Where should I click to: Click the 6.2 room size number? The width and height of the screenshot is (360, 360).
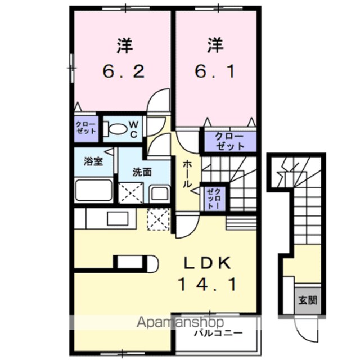(x=124, y=71)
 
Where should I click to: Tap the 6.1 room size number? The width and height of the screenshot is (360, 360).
(x=215, y=71)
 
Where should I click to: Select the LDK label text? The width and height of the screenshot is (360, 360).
(x=208, y=263)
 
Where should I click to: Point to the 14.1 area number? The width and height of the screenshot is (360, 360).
(x=208, y=285)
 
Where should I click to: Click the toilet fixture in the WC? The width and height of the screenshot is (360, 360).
(x=115, y=129)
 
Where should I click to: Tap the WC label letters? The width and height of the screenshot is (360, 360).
(x=133, y=129)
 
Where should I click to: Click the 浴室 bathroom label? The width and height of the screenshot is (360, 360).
(x=93, y=161)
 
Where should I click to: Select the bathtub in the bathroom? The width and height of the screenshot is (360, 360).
(x=94, y=190)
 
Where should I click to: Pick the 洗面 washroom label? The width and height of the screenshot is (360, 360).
(x=142, y=172)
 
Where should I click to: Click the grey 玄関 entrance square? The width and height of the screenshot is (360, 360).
(x=308, y=300)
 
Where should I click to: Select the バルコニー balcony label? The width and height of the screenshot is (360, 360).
(x=218, y=332)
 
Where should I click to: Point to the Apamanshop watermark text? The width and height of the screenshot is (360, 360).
(x=180, y=322)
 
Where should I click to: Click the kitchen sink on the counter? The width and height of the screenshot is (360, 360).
(x=118, y=219)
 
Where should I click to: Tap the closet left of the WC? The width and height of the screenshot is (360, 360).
(x=86, y=129)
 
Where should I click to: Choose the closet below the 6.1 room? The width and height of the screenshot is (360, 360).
(x=230, y=141)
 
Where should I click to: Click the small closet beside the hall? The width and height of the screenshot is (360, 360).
(x=214, y=199)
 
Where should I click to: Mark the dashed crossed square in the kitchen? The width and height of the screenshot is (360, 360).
(x=159, y=219)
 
